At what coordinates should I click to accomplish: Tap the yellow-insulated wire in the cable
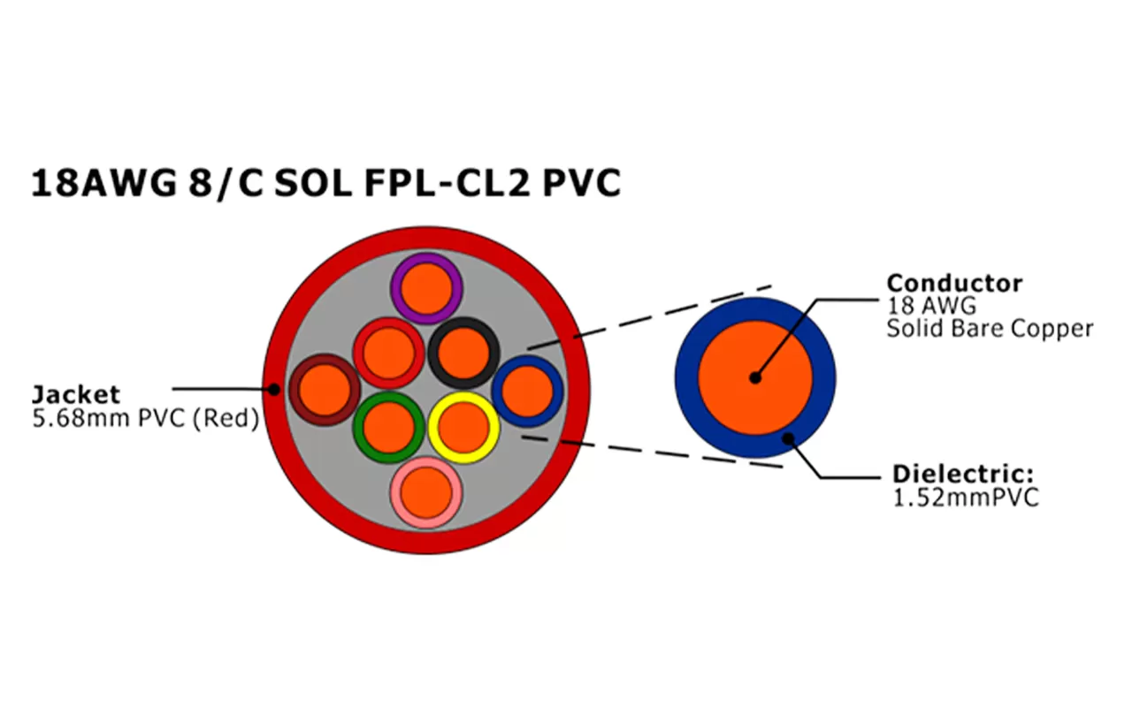point(464,427)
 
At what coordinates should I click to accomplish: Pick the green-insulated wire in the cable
point(388,427)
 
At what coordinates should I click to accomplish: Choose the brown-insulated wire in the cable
point(325,389)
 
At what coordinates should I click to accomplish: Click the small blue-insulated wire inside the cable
point(528,390)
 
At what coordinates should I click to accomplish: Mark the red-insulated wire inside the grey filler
point(388,353)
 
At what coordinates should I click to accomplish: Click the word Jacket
point(76,394)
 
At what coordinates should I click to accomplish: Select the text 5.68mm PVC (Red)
point(145,418)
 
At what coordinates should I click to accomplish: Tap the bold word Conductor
point(954,283)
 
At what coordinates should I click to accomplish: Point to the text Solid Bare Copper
point(990,329)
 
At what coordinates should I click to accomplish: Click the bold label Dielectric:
point(963,473)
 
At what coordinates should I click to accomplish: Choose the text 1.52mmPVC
point(967,498)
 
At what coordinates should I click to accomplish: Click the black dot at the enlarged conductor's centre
point(754,377)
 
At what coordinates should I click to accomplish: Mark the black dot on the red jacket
point(274,389)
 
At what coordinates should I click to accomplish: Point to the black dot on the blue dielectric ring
point(787,437)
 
